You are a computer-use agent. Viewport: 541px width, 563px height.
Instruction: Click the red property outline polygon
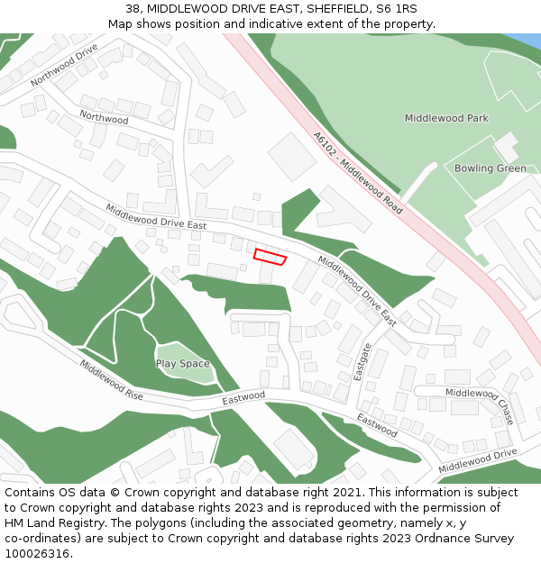(270, 256)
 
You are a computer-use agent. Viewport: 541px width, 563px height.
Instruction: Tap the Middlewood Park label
(446, 118)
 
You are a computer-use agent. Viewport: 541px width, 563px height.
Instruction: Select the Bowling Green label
(490, 168)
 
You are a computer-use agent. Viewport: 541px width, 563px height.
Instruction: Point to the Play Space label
(182, 364)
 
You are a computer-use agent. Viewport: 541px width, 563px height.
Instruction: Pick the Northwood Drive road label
(63, 65)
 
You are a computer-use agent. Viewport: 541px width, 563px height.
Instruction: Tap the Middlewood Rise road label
(111, 381)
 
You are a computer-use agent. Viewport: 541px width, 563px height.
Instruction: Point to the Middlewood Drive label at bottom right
(478, 460)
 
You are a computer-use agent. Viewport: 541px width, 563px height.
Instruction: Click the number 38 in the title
(133, 9)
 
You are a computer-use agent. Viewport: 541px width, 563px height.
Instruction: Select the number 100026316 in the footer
(37, 553)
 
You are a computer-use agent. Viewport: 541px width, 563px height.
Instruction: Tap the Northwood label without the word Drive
(104, 117)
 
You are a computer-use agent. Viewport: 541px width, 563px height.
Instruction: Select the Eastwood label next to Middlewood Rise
(243, 396)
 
